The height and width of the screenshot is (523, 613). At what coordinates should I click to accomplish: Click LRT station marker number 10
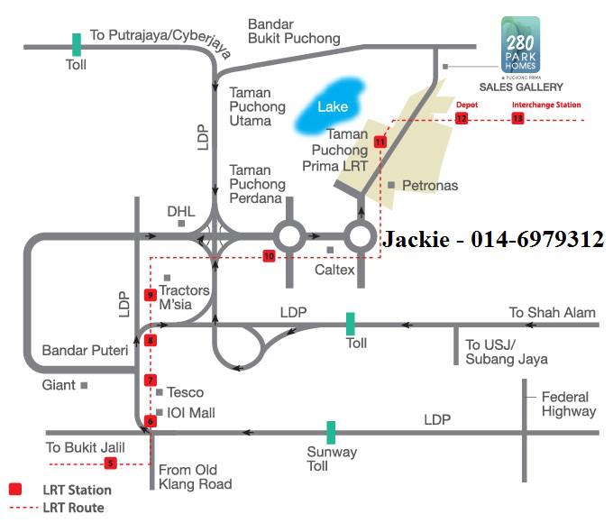tap(269, 256)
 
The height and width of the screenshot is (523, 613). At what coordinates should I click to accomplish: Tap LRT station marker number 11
tap(380, 142)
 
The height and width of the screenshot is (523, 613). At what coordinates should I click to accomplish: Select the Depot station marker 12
tap(462, 118)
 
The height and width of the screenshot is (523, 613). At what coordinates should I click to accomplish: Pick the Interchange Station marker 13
tap(517, 118)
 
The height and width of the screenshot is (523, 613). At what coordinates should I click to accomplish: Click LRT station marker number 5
tap(111, 463)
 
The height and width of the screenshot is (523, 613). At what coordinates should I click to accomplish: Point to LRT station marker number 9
tap(151, 295)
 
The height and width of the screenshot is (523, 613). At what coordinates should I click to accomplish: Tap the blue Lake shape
tap(330, 106)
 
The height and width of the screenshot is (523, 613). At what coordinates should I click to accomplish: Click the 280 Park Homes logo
tap(520, 44)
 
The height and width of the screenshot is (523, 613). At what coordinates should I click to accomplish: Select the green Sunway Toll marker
tap(331, 433)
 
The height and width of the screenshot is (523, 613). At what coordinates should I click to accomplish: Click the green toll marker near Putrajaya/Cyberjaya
tap(77, 44)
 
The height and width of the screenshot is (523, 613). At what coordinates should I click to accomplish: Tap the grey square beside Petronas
tap(391, 185)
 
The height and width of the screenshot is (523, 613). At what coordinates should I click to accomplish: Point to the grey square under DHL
tap(181, 224)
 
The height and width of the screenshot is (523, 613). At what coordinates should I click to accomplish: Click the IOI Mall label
tap(191, 413)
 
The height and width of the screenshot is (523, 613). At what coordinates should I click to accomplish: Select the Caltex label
tap(334, 270)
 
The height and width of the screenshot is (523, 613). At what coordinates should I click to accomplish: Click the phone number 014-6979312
tap(537, 239)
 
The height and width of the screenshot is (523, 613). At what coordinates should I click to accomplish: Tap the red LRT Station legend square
tap(15, 489)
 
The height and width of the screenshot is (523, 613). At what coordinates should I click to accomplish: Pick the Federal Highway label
tap(569, 404)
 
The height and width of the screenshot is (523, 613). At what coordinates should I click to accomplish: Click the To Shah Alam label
tap(552, 313)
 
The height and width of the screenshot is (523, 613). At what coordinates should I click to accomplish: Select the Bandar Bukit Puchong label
tap(294, 32)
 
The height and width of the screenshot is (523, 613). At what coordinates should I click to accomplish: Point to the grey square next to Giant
tap(84, 386)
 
